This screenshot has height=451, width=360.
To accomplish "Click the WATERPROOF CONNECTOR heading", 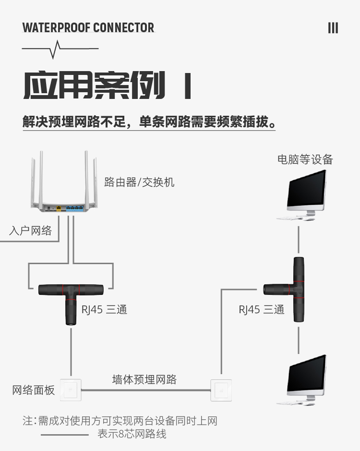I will pos(88,27).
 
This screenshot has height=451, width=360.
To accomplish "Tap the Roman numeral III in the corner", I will pos(333,28).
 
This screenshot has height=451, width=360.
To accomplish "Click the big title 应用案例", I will pos(95,86).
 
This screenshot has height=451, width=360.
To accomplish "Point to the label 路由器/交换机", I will pos(139,183).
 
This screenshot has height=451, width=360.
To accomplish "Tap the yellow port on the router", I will pos(59,208).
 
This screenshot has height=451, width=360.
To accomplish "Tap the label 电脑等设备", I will pos(305,159).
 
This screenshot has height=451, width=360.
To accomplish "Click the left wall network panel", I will pos(71,390).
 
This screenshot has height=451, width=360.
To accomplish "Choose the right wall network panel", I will pos(221,390).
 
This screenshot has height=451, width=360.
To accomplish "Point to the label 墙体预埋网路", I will pos(144,379).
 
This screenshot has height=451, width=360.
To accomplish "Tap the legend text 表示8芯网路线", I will pos(132,434).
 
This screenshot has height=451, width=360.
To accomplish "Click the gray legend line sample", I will pos(65,435).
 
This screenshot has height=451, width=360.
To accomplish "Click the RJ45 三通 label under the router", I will pos(104,310).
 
